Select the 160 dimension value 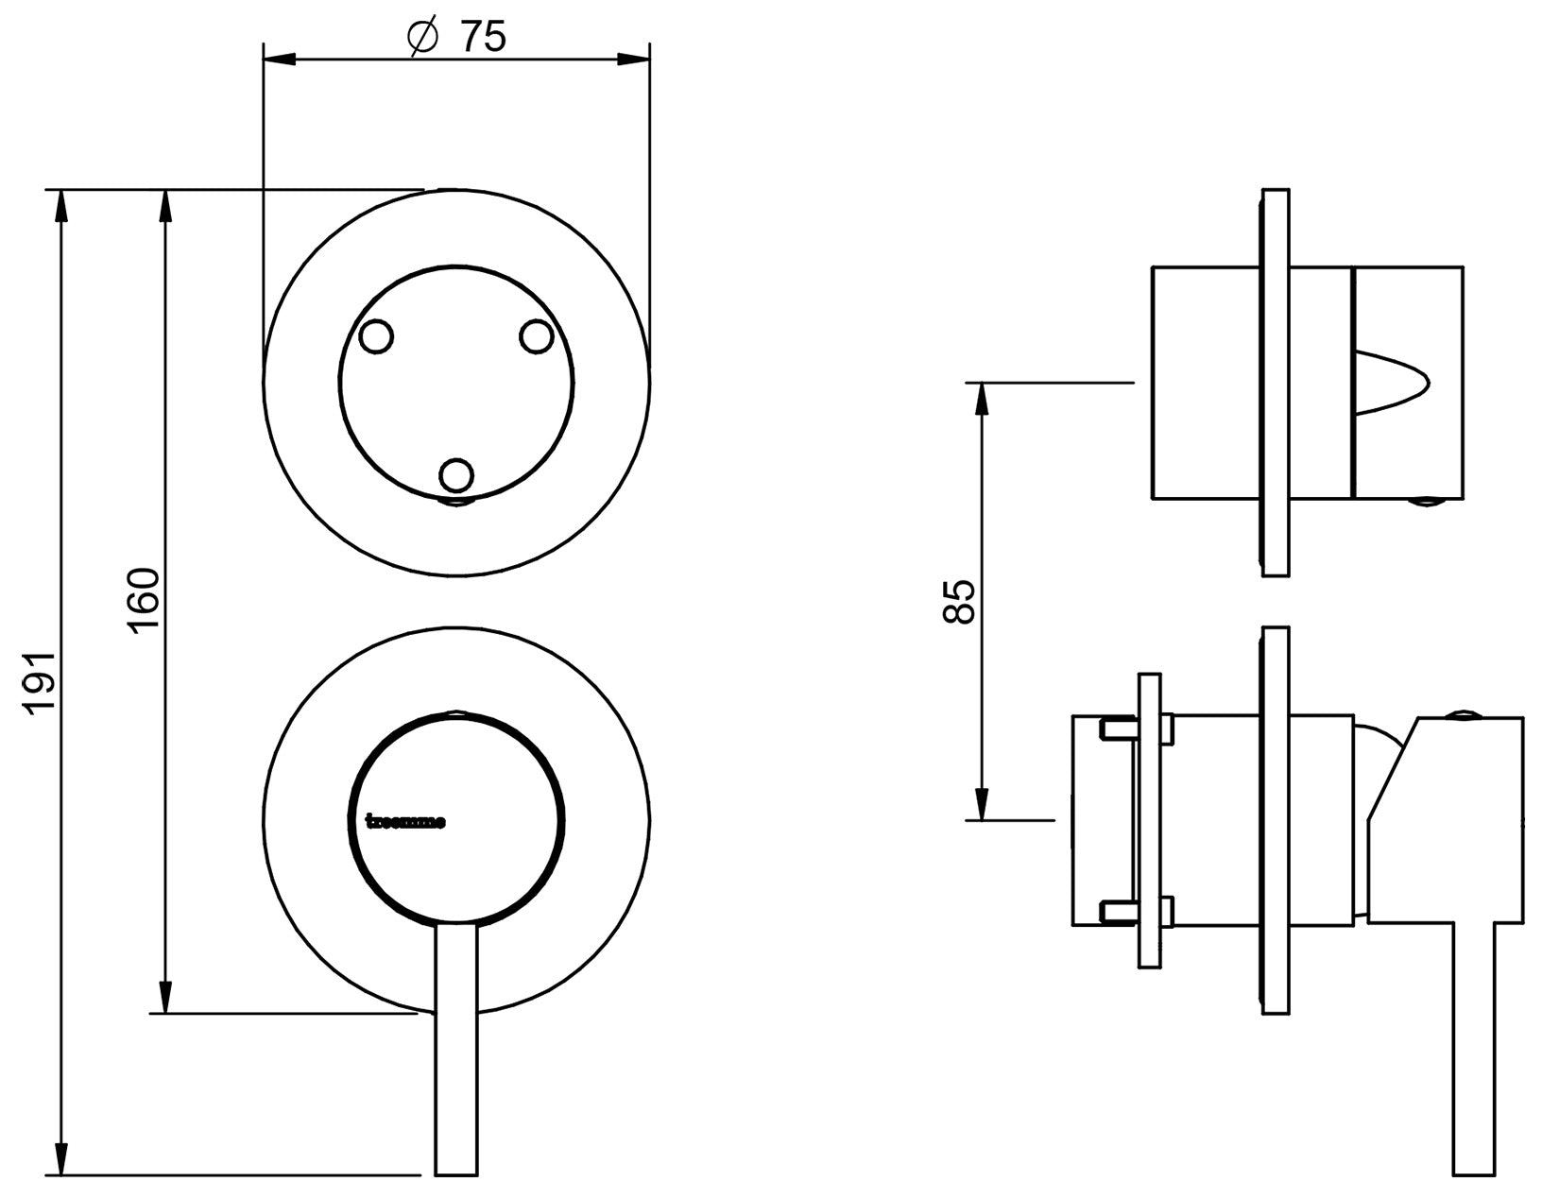point(144,601)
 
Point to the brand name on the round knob point(405,821)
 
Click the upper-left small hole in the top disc point(377,336)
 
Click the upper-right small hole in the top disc point(537,336)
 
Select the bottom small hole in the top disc point(456,475)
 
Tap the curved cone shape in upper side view point(1391,382)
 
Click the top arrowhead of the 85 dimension point(982,398)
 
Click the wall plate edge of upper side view point(1276,382)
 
